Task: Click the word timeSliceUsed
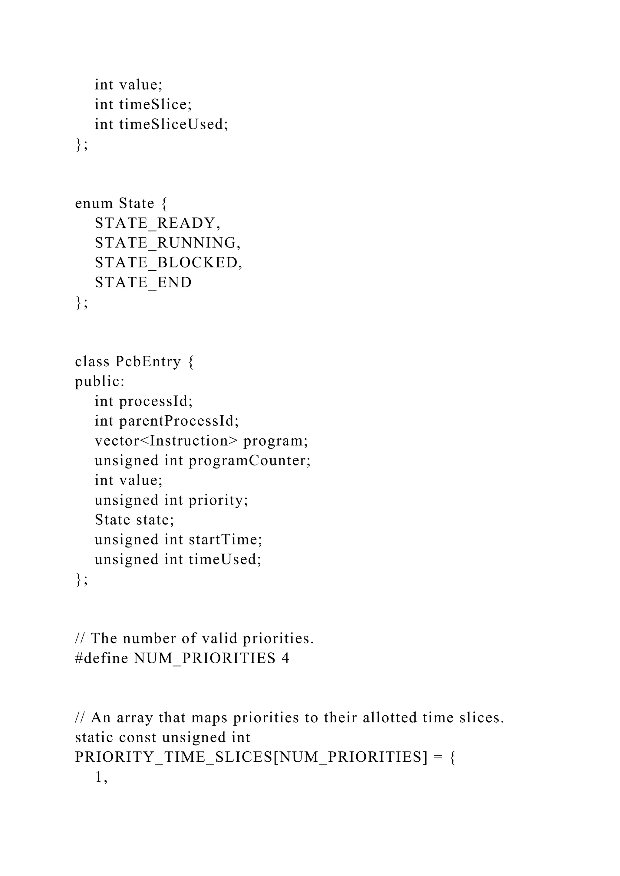pyautogui.click(x=173, y=124)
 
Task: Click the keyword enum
pyautogui.click(x=94, y=203)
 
